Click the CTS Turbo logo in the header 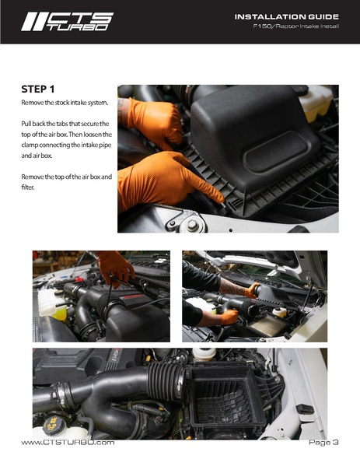[66, 21]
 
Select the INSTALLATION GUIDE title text [287, 16]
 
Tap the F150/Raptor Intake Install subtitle [296, 27]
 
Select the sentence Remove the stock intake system [65, 103]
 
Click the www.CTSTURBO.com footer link [68, 442]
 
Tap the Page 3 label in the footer [323, 442]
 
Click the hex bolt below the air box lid [192, 225]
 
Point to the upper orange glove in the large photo [155, 121]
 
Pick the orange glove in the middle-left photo [115, 268]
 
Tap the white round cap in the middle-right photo [279, 312]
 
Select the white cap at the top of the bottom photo [204, 354]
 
